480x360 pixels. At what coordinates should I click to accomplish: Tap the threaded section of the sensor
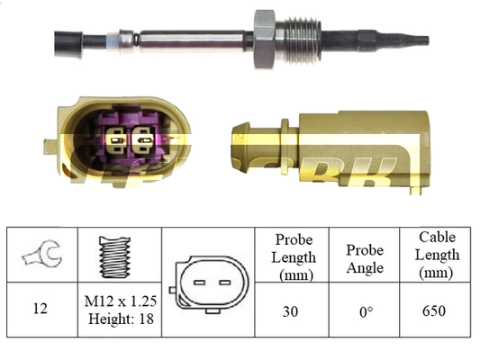(x=297, y=39)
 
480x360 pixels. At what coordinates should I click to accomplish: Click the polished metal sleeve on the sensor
(x=194, y=40)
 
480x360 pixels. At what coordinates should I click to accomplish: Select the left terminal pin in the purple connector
(x=116, y=139)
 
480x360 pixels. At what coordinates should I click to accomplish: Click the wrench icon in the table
(x=40, y=254)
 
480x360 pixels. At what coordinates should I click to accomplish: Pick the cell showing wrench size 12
(x=40, y=309)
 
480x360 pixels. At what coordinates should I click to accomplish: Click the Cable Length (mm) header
(x=439, y=255)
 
